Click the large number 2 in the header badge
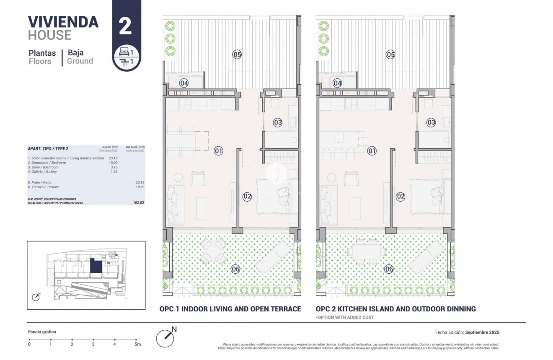click(x=125, y=26)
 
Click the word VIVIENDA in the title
click(x=63, y=21)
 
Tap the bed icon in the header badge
click(x=124, y=52)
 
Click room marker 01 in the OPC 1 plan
click(x=218, y=150)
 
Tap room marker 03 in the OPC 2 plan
click(x=431, y=122)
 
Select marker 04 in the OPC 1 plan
click(x=184, y=83)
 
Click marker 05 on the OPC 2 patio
click(x=390, y=54)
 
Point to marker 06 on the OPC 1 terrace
click(x=235, y=269)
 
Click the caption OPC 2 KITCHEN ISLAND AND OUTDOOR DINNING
click(x=395, y=309)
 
